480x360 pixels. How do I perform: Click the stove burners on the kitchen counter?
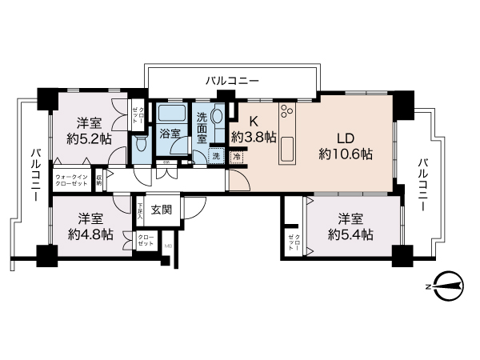[x=288, y=112]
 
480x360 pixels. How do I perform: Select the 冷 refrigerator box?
[x=238, y=157]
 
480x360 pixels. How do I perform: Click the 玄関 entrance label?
[x=161, y=210]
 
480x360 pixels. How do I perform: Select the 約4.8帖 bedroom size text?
[x=90, y=234]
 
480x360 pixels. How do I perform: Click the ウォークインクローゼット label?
[x=72, y=180]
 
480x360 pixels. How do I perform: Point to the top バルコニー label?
[x=232, y=81]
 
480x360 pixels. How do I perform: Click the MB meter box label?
[x=167, y=246]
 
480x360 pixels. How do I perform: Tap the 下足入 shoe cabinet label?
[x=140, y=210]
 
